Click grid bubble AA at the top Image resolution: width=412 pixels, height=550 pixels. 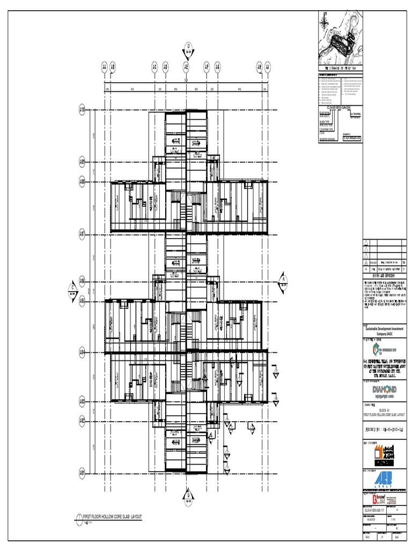104,67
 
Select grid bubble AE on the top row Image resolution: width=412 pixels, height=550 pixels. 187,67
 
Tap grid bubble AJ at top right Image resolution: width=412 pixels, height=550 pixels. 268,67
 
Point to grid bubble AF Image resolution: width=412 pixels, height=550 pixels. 207,67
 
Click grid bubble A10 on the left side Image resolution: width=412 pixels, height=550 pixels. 83,110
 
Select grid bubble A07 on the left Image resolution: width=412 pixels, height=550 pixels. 83,234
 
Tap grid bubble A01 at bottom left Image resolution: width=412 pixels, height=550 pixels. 83,473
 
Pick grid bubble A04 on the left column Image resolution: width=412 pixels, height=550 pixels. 83,352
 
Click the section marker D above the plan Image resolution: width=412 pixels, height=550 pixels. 189,46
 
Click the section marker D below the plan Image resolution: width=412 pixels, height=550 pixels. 188,495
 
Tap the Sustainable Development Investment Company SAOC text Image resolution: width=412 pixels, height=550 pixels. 384,331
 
